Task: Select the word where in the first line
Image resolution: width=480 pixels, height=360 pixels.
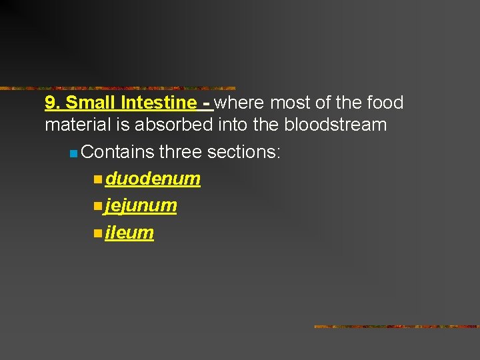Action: point(238,103)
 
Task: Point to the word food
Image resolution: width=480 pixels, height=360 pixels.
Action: point(385,103)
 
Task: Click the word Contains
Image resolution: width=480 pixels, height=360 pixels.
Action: point(117,152)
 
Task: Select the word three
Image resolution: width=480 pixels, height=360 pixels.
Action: point(181,152)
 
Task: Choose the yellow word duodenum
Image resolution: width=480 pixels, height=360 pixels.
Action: point(153,179)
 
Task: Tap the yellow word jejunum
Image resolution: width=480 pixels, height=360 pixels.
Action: point(141,206)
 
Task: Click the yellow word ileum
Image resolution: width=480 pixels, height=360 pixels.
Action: point(129,233)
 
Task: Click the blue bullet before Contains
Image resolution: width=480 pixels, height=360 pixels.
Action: point(73,154)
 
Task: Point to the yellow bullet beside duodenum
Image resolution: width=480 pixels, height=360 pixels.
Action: point(98,179)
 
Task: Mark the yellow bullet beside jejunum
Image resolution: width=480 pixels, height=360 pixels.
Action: point(98,207)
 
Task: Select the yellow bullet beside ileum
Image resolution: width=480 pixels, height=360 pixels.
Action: point(98,233)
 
